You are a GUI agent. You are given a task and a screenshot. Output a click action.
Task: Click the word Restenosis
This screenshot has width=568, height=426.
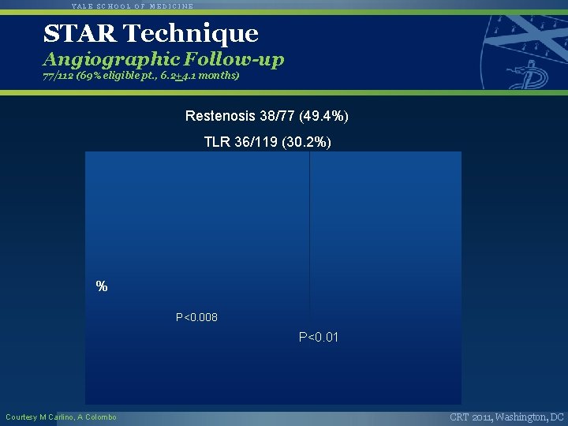216,116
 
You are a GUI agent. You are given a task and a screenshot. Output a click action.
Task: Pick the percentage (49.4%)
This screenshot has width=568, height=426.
323,116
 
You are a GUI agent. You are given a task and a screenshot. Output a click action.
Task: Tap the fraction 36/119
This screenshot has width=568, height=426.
256,142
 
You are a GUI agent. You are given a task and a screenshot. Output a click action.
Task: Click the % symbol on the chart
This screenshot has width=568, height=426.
102,287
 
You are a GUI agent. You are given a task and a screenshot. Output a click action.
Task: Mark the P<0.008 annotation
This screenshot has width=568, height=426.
196,317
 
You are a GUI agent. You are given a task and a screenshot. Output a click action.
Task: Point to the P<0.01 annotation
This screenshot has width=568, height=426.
319,338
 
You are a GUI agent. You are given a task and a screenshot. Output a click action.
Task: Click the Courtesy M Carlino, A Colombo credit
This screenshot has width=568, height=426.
61,417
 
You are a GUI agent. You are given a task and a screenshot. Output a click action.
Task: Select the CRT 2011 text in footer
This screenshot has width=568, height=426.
470,417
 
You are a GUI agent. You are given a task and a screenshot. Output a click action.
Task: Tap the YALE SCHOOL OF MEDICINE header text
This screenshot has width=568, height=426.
133,6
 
